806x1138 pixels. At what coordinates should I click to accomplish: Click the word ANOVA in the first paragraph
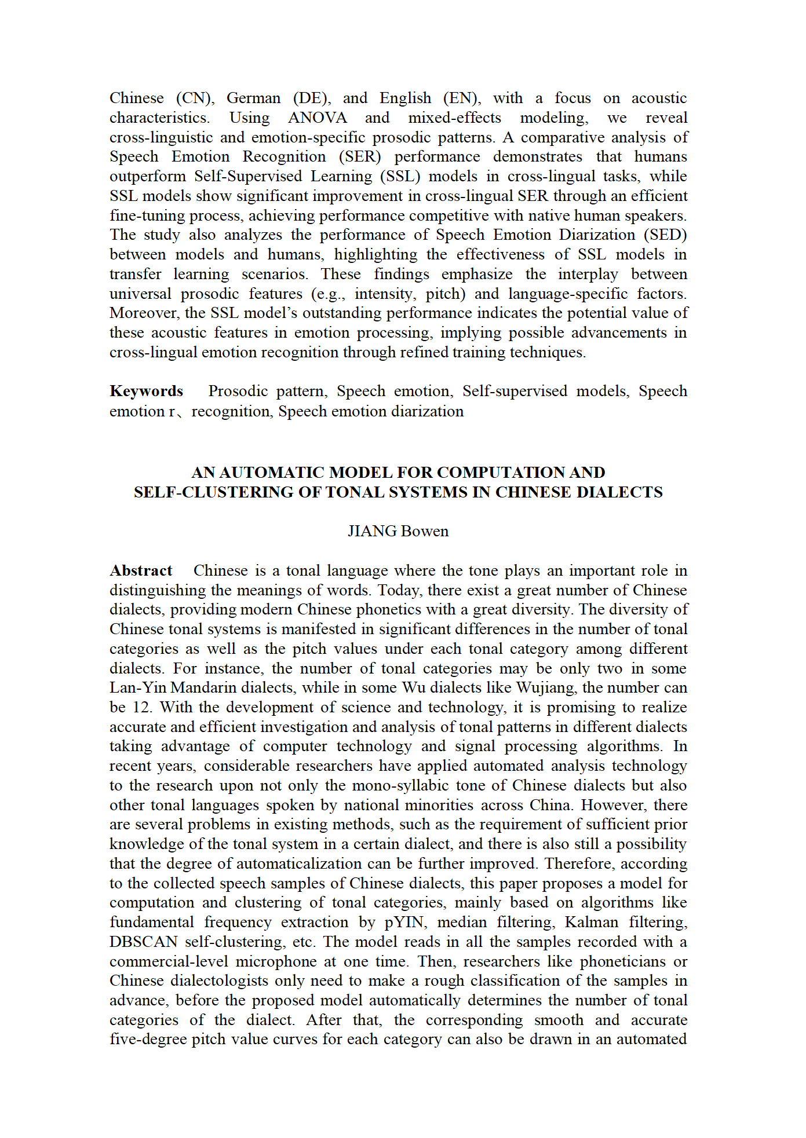pos(318,118)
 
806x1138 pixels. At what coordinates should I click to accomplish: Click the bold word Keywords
pos(146,391)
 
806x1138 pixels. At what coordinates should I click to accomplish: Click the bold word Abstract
pos(141,571)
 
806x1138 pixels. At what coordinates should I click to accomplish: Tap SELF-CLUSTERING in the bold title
pos(213,493)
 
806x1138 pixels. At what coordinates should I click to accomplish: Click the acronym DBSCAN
pos(143,942)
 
